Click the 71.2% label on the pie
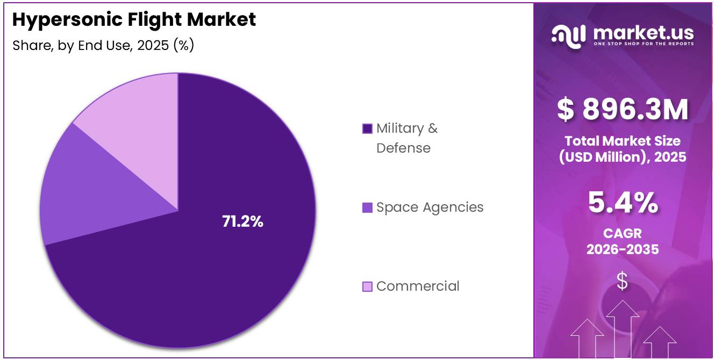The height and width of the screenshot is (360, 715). point(242,221)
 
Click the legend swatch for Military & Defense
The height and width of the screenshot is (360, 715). point(367,129)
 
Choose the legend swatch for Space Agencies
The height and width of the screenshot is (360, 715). point(367,207)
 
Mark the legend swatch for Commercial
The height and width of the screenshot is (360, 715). point(367,286)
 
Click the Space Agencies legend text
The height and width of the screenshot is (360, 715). point(430,207)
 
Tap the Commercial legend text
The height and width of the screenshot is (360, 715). point(418,286)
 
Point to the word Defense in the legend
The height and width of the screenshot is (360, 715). point(403,148)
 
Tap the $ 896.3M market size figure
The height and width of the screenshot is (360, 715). point(623,110)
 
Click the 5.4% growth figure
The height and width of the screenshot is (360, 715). point(623,203)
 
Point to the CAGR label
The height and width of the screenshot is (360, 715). point(623,234)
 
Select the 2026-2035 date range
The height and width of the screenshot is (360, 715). point(623,249)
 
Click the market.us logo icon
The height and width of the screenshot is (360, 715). point(569,37)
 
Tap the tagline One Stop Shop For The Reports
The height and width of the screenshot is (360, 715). point(644,44)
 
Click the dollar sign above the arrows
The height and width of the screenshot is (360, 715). point(622,281)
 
